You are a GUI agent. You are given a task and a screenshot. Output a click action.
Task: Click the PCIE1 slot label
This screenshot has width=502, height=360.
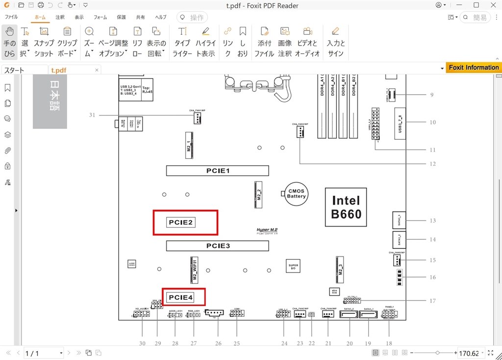point(217,171)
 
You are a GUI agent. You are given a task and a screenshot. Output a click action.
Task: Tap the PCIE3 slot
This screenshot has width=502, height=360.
point(217,246)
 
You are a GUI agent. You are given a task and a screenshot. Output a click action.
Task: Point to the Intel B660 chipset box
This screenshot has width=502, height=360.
point(346,207)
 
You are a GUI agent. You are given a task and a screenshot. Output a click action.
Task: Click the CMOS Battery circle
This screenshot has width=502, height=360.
point(296,193)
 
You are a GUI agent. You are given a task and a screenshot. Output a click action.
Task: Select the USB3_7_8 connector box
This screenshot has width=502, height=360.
point(401,122)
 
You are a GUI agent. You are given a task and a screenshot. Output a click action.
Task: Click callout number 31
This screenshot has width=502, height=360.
point(92,115)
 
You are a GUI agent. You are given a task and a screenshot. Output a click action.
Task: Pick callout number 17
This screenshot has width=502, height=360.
point(432,301)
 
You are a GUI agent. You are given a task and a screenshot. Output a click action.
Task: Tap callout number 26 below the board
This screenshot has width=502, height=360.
point(219,343)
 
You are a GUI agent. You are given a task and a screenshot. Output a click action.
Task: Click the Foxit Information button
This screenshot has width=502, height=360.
point(473,68)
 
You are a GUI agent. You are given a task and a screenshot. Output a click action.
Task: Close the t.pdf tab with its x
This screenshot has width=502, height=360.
point(97,70)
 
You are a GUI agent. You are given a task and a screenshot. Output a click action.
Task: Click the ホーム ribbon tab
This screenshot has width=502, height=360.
point(40,17)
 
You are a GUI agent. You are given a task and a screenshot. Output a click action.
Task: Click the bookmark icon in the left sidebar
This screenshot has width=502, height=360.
point(7,88)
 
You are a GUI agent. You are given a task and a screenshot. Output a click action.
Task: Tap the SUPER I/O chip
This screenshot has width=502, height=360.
point(293,267)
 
